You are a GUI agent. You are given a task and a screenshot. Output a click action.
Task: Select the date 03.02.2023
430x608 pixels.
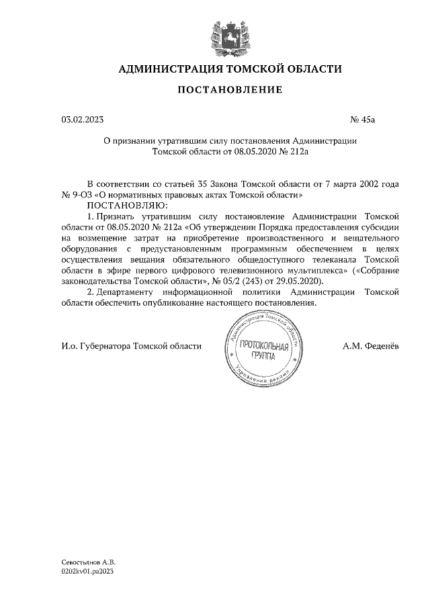coord(83,120)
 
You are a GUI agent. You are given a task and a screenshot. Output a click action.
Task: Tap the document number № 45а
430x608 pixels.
coord(363,120)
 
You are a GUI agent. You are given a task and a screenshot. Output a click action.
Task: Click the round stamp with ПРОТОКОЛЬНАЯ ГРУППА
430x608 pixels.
coord(263,349)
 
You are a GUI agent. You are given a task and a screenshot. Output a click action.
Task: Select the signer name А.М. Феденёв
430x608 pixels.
coord(370,346)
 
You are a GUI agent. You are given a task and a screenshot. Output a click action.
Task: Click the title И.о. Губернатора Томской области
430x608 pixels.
coord(131,346)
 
